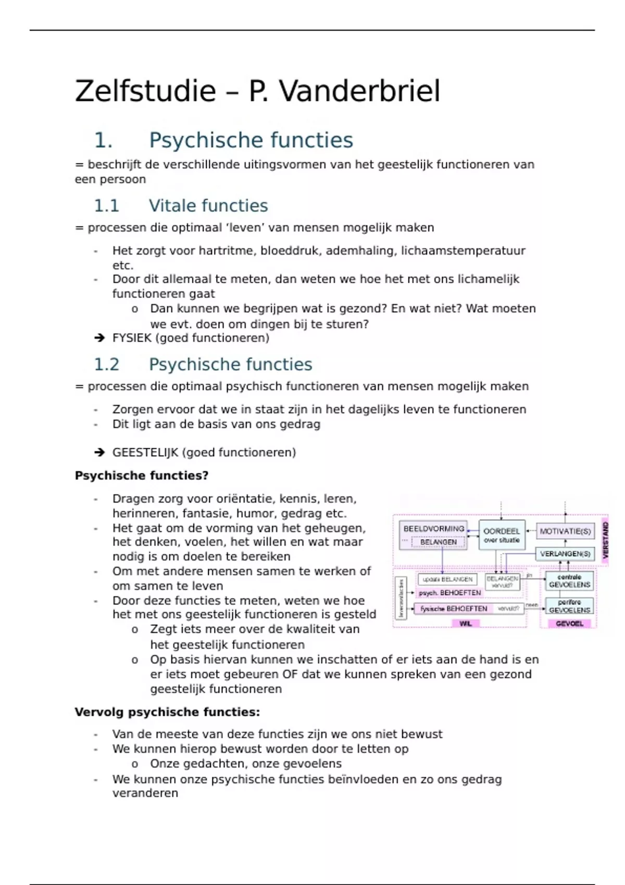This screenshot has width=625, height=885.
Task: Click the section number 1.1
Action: point(106,206)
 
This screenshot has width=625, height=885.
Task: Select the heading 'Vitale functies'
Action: point(208,206)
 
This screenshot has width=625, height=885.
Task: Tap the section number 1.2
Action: point(106,364)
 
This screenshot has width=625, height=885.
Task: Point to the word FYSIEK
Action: point(132,338)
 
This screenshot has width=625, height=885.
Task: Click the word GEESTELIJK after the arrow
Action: point(145,452)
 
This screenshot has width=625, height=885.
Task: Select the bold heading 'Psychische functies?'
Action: point(142,475)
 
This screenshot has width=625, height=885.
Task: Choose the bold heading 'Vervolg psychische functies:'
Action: point(167,712)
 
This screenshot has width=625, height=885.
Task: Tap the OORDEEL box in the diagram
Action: point(502,535)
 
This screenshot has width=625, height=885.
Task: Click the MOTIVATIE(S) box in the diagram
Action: point(565,532)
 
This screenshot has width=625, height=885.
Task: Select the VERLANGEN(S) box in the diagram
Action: point(565,554)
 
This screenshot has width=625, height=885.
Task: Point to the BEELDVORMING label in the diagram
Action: point(434,528)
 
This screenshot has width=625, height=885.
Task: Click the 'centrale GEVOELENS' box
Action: point(569,581)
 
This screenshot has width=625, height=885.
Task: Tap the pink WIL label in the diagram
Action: point(466,623)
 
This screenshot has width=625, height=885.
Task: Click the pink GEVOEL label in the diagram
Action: point(569,623)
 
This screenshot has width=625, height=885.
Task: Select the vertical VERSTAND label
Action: point(605,540)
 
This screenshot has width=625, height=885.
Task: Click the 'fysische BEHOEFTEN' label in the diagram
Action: point(454,609)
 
